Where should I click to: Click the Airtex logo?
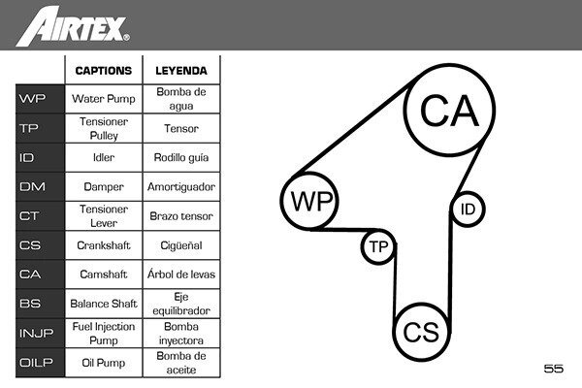(73, 27)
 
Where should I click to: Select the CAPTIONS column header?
(104, 71)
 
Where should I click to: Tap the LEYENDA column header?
(181, 71)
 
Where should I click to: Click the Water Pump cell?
(104, 99)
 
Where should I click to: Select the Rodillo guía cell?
(181, 157)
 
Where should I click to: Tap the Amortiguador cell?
(181, 187)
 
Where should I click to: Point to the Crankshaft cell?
(104, 245)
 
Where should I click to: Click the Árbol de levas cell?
(181, 275)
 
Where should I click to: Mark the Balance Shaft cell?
(104, 304)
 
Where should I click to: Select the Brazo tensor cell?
(181, 216)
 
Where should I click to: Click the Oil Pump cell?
(104, 363)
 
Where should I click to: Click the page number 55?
(554, 369)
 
